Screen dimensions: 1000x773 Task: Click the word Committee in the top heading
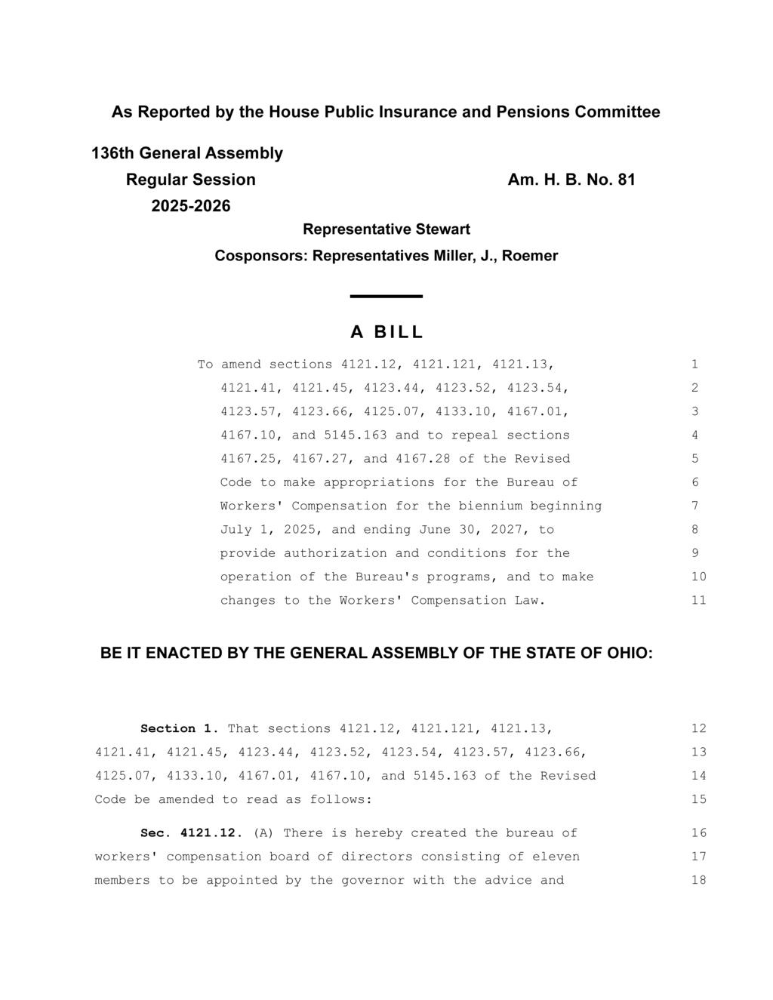click(617, 112)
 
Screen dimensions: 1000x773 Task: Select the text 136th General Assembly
click(187, 153)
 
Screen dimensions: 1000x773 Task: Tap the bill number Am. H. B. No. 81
click(571, 180)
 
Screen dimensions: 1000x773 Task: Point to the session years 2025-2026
click(191, 206)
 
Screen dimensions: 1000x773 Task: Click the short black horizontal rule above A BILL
click(386, 297)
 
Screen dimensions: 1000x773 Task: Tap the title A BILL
click(386, 332)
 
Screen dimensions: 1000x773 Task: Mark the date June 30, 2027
click(475, 530)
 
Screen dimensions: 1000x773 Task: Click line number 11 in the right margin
click(699, 601)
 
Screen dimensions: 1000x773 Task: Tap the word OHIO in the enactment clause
click(630, 654)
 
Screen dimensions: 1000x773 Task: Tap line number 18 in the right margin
click(699, 881)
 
